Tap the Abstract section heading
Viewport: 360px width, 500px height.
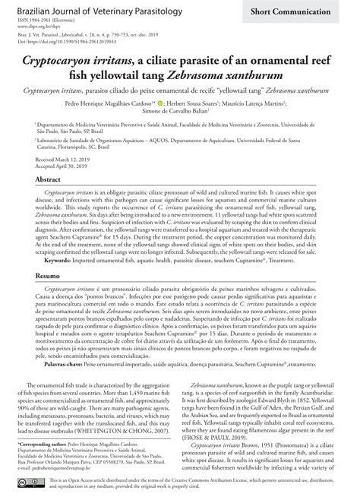click(49, 176)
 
